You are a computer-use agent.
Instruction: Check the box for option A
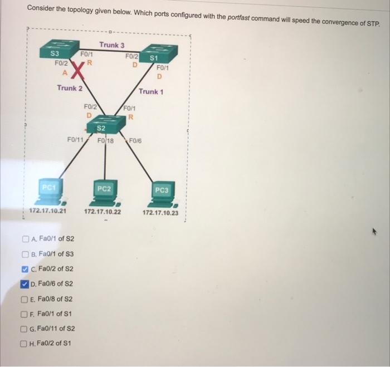(x=26, y=239)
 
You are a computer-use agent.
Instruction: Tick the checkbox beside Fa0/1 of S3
(x=26, y=254)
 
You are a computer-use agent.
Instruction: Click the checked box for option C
(x=26, y=269)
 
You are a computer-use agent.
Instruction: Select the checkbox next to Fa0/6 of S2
(x=26, y=284)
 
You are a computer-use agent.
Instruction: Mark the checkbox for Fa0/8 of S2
(x=26, y=299)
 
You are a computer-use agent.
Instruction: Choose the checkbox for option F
(x=26, y=314)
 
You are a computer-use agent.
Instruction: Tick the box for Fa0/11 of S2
(x=26, y=329)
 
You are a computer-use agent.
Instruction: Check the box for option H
(x=26, y=344)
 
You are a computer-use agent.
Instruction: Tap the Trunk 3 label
(x=111, y=45)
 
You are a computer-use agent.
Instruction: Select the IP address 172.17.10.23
(x=161, y=213)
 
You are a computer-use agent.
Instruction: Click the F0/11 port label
(x=75, y=140)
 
